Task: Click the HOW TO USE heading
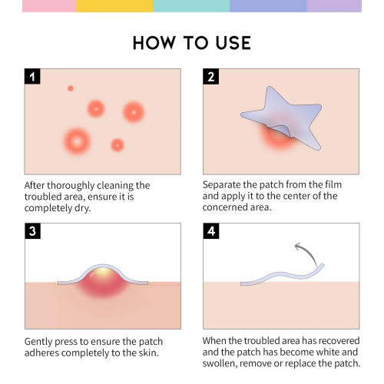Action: pyautogui.click(x=192, y=41)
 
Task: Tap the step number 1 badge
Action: pyautogui.click(x=32, y=76)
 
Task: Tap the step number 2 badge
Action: pyautogui.click(x=210, y=76)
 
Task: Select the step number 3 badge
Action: pyautogui.click(x=32, y=230)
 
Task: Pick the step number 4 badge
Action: pyautogui.click(x=210, y=230)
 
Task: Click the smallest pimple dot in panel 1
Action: pyautogui.click(x=71, y=88)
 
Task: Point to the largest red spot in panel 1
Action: pyautogui.click(x=77, y=140)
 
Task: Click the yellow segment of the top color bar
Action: pyautogui.click(x=115, y=5)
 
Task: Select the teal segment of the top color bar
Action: pyautogui.click(x=192, y=5)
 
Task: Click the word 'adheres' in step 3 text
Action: pyautogui.click(x=42, y=353)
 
